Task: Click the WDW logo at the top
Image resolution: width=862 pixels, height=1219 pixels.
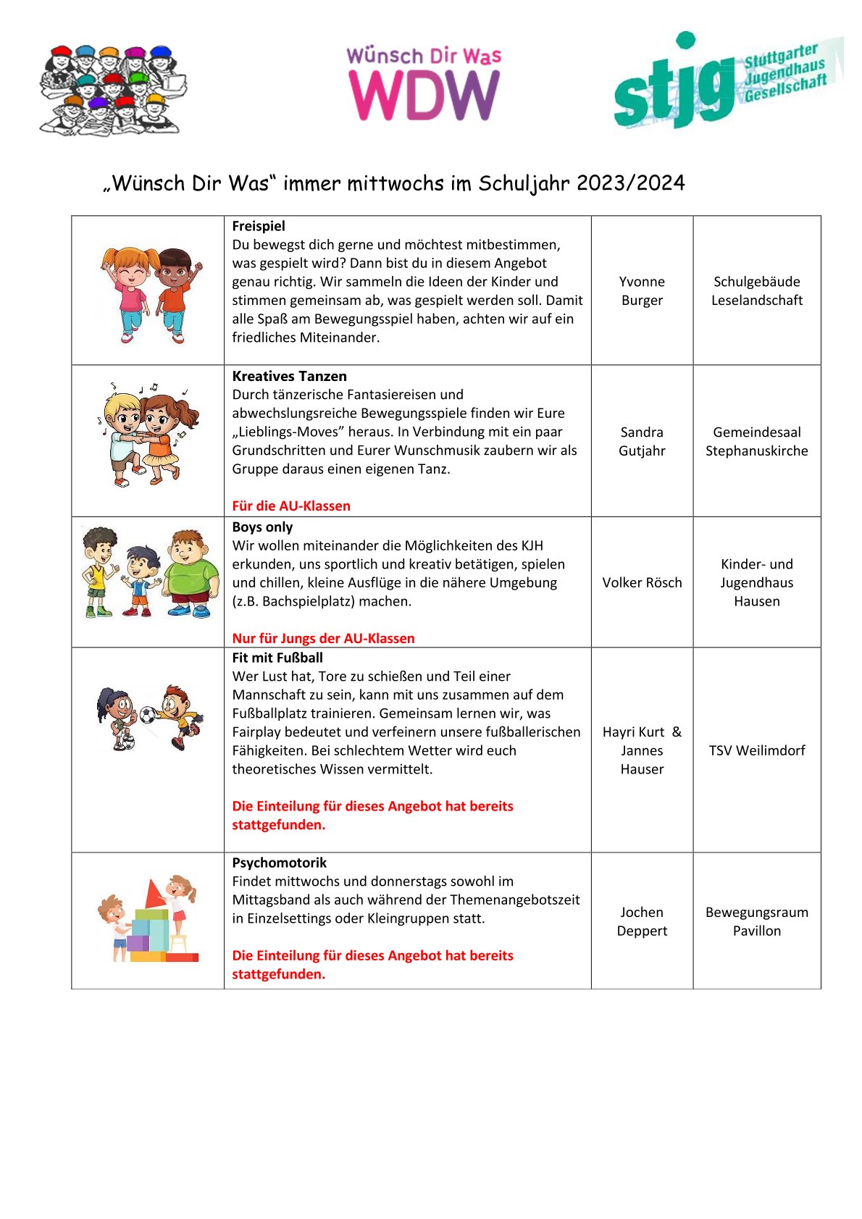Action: (x=424, y=84)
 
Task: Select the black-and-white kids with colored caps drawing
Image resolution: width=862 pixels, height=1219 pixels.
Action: (x=112, y=91)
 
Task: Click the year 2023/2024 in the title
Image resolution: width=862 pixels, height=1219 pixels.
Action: (x=630, y=183)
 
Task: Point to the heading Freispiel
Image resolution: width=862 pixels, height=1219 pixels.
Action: (x=259, y=226)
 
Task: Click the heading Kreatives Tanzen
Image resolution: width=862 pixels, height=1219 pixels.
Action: (x=289, y=376)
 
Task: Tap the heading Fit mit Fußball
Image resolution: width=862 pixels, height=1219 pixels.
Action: (x=277, y=658)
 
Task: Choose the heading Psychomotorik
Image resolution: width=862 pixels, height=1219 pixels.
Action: (x=279, y=863)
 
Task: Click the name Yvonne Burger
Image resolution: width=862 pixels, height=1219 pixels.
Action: (x=642, y=290)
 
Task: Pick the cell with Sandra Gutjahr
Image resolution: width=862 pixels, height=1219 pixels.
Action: (x=642, y=441)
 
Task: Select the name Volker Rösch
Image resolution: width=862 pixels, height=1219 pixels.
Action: (x=642, y=582)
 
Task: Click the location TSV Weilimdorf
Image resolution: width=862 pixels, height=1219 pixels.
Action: (x=757, y=750)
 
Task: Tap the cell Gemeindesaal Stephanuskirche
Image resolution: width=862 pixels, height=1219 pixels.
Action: (x=757, y=441)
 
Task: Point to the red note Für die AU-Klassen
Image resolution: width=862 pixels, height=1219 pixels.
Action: (x=291, y=506)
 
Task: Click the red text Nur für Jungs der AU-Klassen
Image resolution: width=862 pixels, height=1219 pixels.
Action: (x=323, y=638)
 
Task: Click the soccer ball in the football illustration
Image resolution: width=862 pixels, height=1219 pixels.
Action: (x=148, y=716)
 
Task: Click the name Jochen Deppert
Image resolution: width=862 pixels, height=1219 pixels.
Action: (x=642, y=921)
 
